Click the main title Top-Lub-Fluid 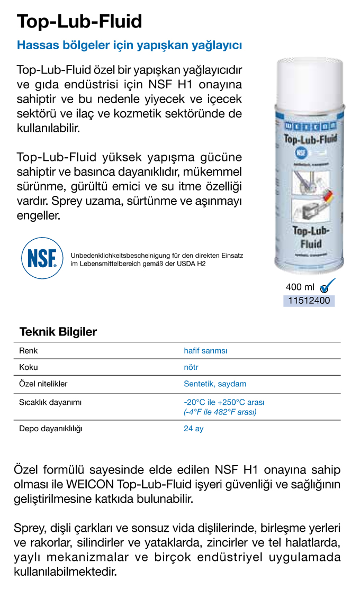point(79,21)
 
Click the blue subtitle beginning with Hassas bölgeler point(129,46)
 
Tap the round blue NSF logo point(42,258)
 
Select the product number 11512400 point(308,301)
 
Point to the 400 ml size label point(300,287)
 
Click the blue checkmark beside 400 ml point(328,286)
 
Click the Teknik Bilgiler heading point(58,332)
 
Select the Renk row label point(29,350)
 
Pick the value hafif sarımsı point(205,350)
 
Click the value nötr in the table point(191,367)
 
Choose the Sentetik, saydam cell point(215,384)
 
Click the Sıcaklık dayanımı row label point(50,402)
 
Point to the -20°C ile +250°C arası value point(224,402)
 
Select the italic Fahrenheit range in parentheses point(220,412)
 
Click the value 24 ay point(193,429)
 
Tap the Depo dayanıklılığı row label point(51,429)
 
